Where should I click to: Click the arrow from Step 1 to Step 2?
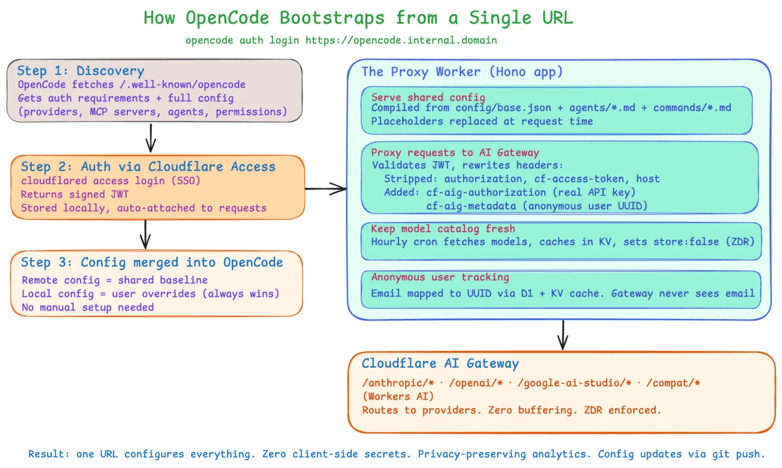[x=151, y=138]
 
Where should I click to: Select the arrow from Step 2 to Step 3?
[x=145, y=234]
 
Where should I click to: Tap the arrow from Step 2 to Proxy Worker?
[x=326, y=189]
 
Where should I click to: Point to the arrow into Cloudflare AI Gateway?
[x=563, y=335]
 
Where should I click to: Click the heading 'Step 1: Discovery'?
[x=81, y=71]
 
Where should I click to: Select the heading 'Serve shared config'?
[x=428, y=97]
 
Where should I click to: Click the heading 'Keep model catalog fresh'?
[x=443, y=229]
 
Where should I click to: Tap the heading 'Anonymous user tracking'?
[x=440, y=277]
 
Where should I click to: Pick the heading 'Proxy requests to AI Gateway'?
[x=455, y=152]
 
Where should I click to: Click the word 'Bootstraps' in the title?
[x=332, y=18]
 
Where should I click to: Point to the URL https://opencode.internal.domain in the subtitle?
[x=401, y=40]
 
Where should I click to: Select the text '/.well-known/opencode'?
[x=183, y=84]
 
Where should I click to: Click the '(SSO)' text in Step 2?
[x=186, y=180]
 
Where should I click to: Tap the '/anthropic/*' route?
[x=398, y=383]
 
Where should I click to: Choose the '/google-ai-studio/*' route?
[x=574, y=383]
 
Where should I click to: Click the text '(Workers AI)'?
[x=398, y=397]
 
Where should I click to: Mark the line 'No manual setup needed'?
[x=88, y=307]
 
